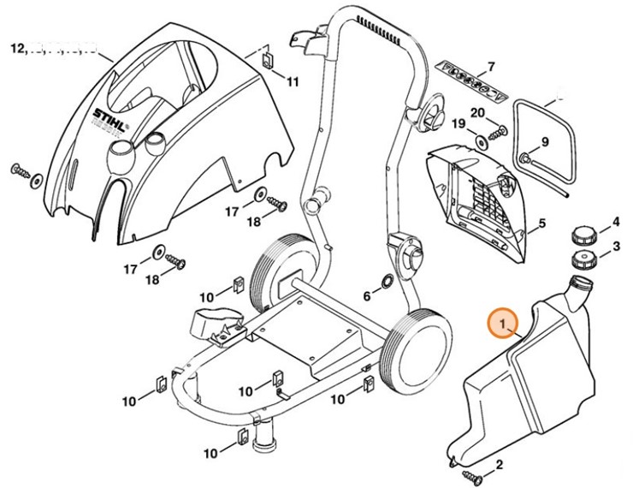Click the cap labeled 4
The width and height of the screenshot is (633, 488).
click(x=583, y=234)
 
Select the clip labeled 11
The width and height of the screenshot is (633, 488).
click(x=266, y=59)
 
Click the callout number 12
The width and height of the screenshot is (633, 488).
click(x=17, y=48)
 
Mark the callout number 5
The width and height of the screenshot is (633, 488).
click(x=541, y=226)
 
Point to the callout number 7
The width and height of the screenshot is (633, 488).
click(x=491, y=66)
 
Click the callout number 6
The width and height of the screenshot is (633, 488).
click(x=367, y=296)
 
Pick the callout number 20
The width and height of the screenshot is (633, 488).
click(x=477, y=112)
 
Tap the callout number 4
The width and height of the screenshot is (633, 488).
click(x=614, y=223)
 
